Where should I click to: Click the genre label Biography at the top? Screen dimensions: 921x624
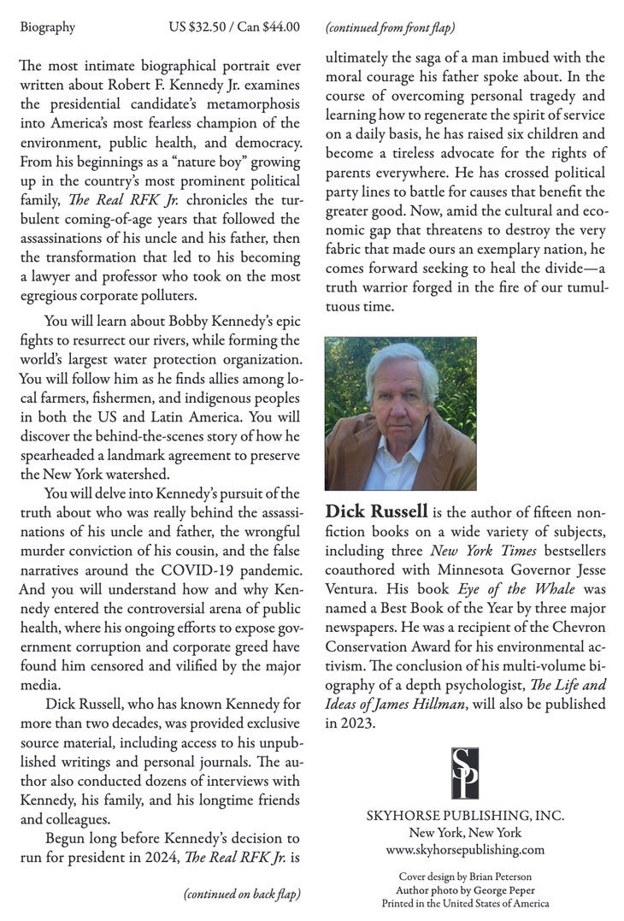[x=47, y=27]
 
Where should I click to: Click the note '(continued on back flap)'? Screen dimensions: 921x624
[x=242, y=894]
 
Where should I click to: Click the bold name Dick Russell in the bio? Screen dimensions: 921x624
[x=376, y=512]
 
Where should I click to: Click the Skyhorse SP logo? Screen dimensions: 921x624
[x=465, y=773]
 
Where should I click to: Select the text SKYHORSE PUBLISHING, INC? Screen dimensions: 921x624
[x=465, y=816]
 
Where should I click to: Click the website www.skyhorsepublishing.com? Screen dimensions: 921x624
[x=465, y=849]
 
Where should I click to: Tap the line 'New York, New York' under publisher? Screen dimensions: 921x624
[x=465, y=833]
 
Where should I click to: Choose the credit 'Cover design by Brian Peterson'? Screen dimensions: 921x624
[x=465, y=877]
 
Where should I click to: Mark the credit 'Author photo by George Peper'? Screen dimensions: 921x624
[x=465, y=889]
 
